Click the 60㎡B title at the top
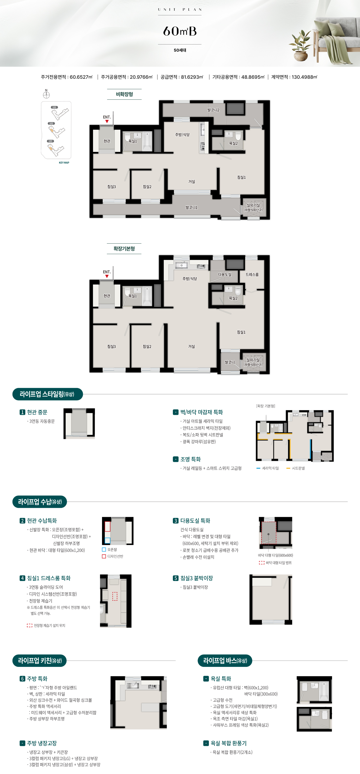click(180, 31)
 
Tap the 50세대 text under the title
click(180, 50)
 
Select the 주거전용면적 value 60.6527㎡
click(81, 77)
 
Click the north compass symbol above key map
click(46, 94)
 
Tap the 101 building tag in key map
click(54, 107)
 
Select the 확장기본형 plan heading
click(124, 249)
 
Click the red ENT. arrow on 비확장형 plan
click(107, 121)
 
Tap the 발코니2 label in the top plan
click(213, 110)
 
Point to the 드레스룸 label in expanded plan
click(252, 275)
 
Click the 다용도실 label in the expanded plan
click(225, 275)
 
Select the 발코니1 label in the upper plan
click(192, 208)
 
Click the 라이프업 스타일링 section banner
click(48, 394)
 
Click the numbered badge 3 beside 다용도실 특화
click(175, 521)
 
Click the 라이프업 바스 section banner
click(225, 661)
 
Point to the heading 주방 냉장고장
click(42, 743)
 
